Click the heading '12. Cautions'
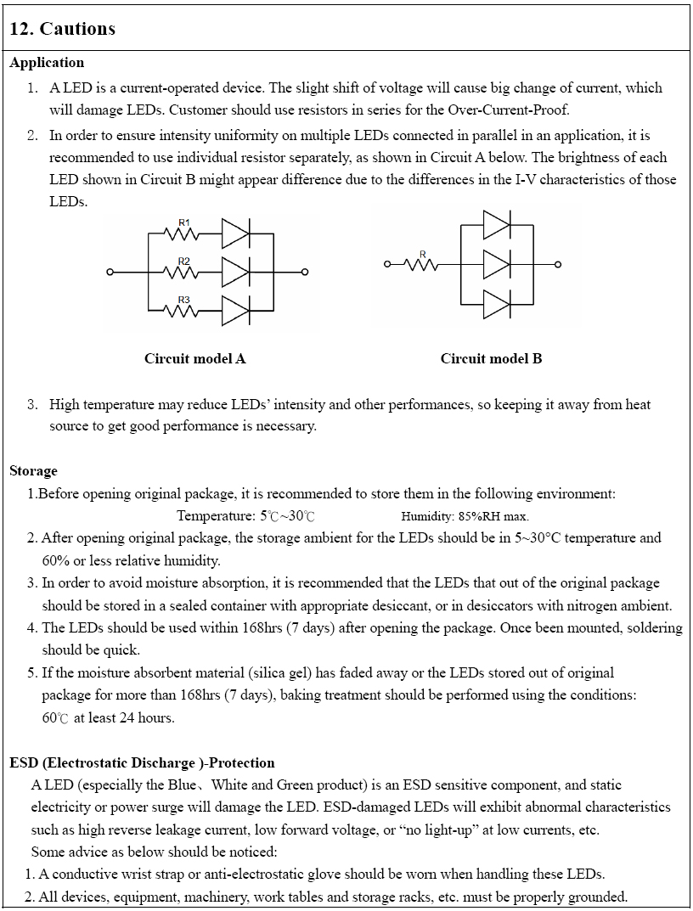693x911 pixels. click(62, 29)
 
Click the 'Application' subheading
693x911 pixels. click(47, 63)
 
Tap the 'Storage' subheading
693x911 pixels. click(34, 470)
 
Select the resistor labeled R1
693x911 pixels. click(184, 233)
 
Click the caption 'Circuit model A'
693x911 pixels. click(194, 358)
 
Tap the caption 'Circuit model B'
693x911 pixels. click(491, 358)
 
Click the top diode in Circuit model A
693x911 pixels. click(235, 233)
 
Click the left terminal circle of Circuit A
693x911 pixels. click(110, 273)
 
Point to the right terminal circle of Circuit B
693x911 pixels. click(559, 264)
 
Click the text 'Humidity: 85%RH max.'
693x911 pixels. click(465, 516)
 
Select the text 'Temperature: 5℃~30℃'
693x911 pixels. click(247, 516)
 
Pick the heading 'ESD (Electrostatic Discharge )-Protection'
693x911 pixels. click(142, 762)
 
